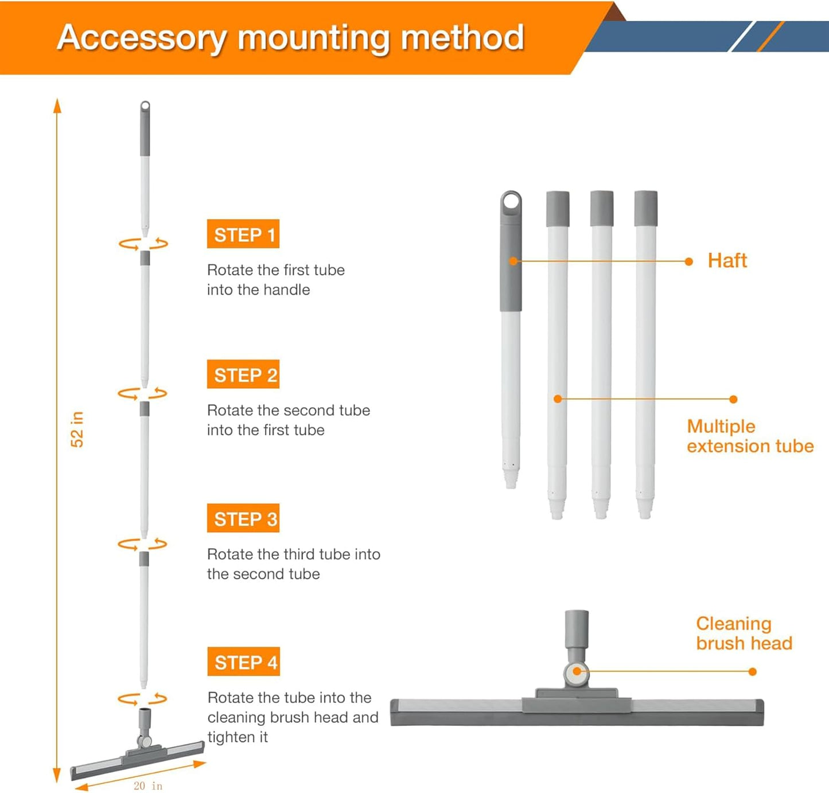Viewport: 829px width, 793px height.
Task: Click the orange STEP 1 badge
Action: (243, 234)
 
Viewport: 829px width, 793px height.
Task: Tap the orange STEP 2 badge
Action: (243, 374)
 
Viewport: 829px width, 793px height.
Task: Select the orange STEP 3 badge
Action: (243, 518)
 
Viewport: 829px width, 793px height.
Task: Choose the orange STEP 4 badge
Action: (243, 661)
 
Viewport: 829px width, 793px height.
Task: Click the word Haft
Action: (727, 260)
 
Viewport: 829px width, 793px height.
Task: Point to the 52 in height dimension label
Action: (77, 429)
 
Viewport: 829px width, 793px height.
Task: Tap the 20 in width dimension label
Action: (148, 786)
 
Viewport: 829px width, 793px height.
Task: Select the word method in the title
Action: (462, 37)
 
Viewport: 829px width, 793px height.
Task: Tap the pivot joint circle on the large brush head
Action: (577, 671)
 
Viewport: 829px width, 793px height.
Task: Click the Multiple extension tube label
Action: (750, 436)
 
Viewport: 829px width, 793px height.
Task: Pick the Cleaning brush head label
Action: (744, 633)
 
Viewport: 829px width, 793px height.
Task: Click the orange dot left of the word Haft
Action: (689, 261)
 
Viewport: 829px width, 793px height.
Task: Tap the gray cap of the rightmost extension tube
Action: (646, 208)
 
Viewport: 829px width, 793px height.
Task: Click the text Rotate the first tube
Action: (275, 270)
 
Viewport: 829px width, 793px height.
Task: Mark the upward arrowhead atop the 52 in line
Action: (57, 106)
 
